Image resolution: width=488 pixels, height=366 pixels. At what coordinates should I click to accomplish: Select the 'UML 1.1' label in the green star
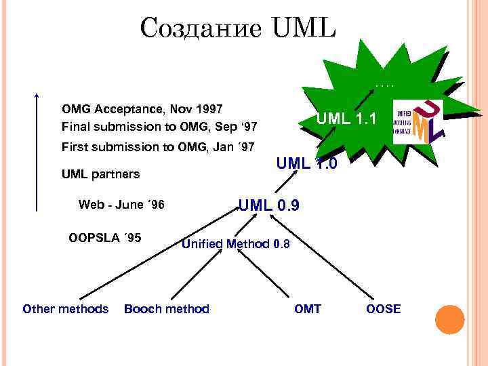(x=346, y=119)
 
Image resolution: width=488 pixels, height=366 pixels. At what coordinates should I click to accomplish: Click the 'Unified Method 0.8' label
(x=236, y=244)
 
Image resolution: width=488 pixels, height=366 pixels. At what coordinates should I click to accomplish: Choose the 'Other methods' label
(x=65, y=309)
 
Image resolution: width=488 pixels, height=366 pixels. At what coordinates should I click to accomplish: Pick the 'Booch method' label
(x=167, y=309)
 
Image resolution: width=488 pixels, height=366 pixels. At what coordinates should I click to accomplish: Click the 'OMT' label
(x=308, y=309)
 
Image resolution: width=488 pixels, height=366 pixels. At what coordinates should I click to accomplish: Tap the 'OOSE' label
(x=384, y=309)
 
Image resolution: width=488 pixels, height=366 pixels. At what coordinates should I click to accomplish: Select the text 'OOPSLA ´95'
(x=105, y=237)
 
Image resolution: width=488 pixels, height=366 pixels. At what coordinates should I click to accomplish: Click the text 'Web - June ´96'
(x=121, y=205)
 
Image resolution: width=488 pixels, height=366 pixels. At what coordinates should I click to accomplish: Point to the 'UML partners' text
(x=100, y=174)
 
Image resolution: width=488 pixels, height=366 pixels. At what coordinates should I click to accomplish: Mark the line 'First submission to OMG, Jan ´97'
(x=158, y=146)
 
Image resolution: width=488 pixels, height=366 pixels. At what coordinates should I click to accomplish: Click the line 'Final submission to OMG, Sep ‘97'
(x=159, y=127)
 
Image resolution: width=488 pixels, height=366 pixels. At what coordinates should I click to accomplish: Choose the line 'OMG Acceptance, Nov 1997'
(x=142, y=108)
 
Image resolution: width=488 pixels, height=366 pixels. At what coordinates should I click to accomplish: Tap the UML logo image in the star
(x=418, y=122)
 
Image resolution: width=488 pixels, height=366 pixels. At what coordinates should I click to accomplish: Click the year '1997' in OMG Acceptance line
(x=209, y=108)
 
